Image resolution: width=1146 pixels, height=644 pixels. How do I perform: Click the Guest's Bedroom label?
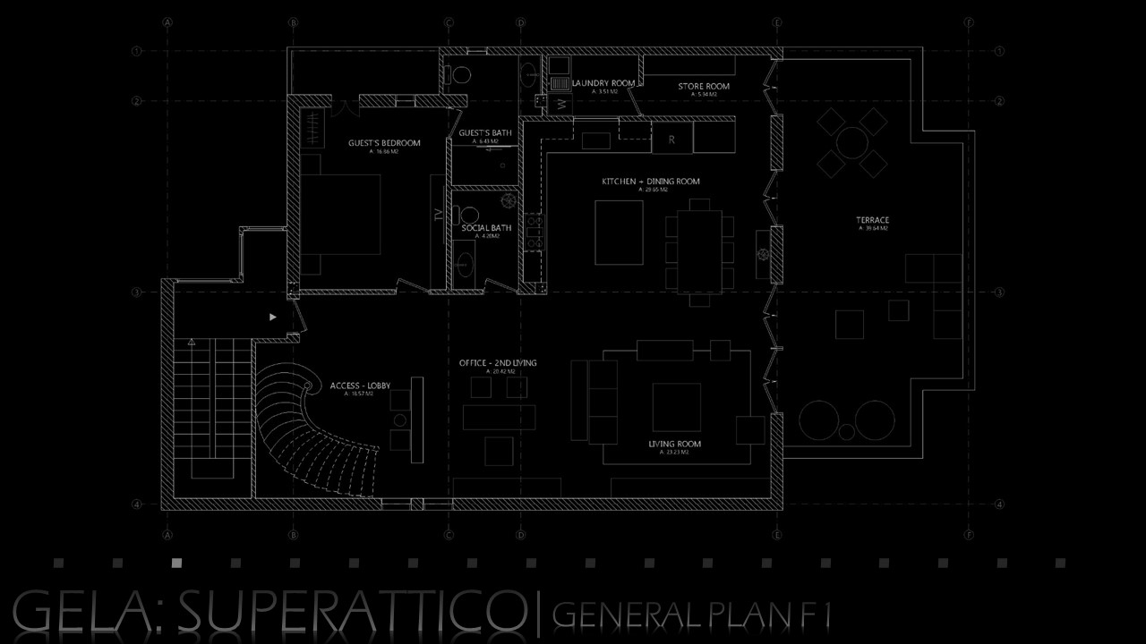click(384, 143)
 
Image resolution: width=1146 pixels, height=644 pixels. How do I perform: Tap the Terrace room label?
click(872, 220)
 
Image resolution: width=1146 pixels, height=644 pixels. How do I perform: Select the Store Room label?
click(703, 87)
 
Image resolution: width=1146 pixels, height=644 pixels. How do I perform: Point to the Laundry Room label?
click(603, 83)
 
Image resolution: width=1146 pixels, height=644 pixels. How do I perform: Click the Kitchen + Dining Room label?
click(651, 182)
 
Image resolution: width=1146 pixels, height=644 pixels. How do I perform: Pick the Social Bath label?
click(486, 228)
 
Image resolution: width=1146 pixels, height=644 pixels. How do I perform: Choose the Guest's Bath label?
click(485, 133)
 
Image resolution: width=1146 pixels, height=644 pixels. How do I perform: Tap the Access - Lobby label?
click(360, 386)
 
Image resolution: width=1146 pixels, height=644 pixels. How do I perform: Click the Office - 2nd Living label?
click(498, 363)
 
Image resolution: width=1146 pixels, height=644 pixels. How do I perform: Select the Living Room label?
click(674, 444)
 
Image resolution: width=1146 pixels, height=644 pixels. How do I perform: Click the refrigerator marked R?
click(671, 140)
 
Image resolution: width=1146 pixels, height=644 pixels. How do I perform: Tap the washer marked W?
click(561, 105)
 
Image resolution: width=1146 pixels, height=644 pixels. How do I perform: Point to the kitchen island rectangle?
click(620, 233)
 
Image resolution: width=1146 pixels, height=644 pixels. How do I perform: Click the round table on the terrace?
click(851, 141)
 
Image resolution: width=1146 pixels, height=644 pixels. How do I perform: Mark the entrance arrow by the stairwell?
click(273, 317)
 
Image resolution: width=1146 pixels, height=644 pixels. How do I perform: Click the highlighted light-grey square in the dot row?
click(176, 563)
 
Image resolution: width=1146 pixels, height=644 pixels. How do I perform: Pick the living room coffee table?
click(676, 407)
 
